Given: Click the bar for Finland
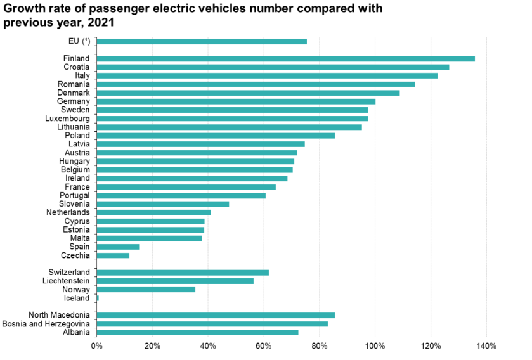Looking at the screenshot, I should coord(285,58).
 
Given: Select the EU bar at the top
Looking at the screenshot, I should coord(202,41).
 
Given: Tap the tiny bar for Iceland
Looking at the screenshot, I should coord(98,298).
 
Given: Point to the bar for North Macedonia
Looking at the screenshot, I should coord(216,315).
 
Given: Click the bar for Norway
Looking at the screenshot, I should coord(146,290).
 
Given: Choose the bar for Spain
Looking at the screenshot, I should coord(118,247).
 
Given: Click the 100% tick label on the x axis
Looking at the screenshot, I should coord(375,346).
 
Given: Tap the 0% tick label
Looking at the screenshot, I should coord(96,346).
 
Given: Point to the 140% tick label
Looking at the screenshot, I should coord(486,346).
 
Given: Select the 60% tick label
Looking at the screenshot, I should coord(264,346).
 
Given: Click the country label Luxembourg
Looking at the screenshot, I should coord(67,119).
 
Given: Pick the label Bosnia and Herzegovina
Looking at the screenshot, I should coord(46,324).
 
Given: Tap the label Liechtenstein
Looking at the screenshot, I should coord(66,281).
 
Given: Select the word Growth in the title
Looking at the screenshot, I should coord(22,9).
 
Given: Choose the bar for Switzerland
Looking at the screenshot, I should coord(183,273).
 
